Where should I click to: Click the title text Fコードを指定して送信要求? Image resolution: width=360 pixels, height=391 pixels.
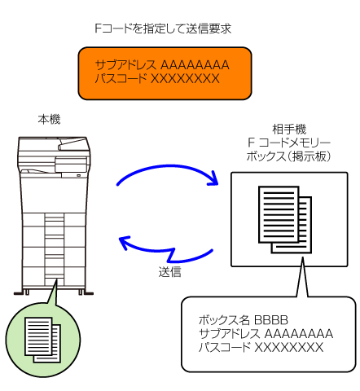point(163,29)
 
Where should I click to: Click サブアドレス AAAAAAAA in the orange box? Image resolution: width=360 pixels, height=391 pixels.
point(162,65)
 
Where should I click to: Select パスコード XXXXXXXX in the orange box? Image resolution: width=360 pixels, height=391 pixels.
point(157,78)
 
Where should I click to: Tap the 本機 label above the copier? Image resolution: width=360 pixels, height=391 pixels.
point(49,120)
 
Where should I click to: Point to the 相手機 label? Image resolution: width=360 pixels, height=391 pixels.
point(289,130)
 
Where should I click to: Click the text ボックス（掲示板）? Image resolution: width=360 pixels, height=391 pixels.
point(289,156)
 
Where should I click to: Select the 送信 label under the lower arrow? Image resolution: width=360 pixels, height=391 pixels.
point(169,272)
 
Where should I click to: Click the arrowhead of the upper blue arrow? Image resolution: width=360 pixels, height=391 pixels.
point(213,179)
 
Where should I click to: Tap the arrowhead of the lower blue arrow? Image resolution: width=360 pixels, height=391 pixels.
point(125,243)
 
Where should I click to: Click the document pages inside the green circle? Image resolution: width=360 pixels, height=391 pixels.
point(42,340)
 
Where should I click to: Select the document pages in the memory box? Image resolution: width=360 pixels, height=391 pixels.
point(285,219)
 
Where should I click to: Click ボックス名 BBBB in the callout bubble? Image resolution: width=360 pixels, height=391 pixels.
point(244,320)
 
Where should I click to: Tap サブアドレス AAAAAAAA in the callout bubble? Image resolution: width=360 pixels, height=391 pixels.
point(266,334)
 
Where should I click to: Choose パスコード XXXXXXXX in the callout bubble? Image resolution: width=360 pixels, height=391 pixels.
point(261,347)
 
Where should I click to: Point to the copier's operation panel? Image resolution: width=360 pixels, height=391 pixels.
point(71,164)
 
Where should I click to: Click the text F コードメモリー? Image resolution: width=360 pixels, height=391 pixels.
point(289,143)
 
